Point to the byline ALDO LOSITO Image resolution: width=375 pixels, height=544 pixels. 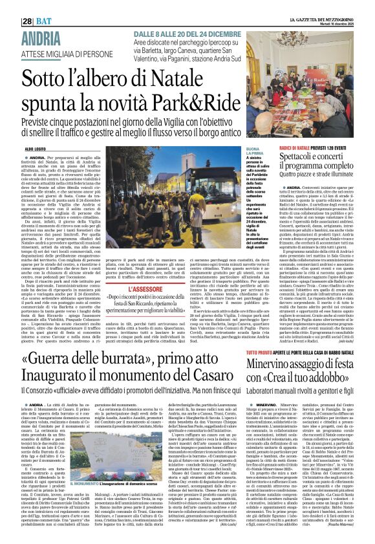[x=36, y=149]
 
